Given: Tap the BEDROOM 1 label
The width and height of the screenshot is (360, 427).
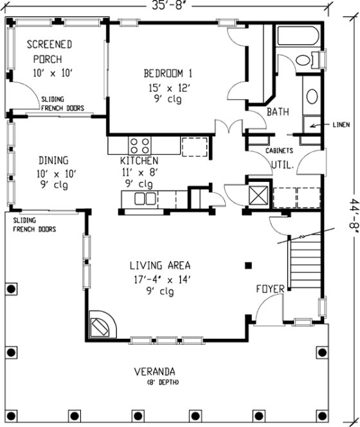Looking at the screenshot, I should (163, 72).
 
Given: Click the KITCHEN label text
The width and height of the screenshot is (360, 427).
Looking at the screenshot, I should (139, 160).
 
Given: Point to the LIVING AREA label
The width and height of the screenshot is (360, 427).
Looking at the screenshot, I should (160, 265).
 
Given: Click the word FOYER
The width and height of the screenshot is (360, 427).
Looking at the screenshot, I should (270, 289).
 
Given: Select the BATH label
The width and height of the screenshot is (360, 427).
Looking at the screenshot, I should (278, 112).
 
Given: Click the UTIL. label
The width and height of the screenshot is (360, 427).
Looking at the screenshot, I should (282, 165).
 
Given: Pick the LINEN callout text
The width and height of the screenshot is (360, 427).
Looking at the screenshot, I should (341, 124).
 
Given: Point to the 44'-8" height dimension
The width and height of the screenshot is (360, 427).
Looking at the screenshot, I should (346, 212).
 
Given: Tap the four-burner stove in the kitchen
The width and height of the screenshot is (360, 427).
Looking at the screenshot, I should (141, 145).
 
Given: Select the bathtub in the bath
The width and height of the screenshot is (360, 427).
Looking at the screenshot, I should (296, 36).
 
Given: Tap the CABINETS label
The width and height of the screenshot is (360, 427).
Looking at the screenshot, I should (280, 150).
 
